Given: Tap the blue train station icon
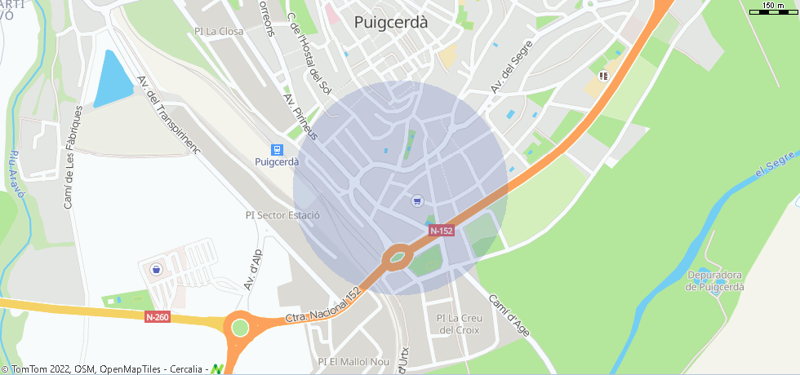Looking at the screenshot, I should pos(278,149).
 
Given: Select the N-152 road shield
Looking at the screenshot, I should pos(442,231).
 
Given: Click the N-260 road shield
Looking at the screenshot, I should pos(158,316).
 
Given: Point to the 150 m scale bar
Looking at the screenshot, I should pos(772,8).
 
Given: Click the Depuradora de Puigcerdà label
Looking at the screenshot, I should pos(714,280).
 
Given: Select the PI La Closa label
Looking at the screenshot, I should pos(219,32).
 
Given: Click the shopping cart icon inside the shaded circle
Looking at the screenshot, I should pos(417,201).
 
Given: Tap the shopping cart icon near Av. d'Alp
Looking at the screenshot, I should pos(156,268).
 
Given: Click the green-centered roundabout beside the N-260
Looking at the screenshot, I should pos(239,328).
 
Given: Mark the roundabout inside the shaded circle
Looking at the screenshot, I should pos(398,258).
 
